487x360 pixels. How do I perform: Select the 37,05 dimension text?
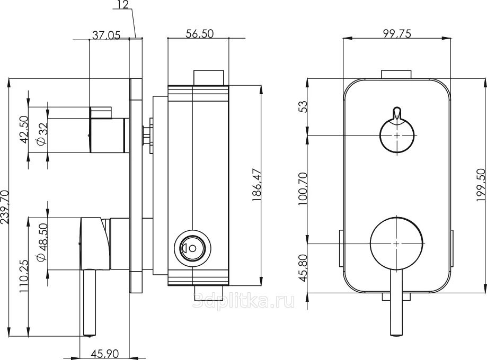click(106, 35)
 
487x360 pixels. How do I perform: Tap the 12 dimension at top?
click(123, 4)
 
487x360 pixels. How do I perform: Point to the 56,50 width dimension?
click(200, 33)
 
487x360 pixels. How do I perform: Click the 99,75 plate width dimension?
click(396, 33)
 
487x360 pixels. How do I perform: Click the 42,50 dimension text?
click(24, 129)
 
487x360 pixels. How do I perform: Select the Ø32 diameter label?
click(42, 134)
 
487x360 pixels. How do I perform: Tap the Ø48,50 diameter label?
click(42, 242)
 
